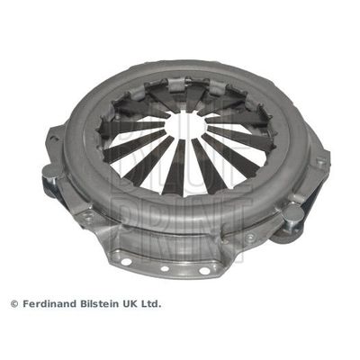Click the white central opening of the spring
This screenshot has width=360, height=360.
coord(185,125)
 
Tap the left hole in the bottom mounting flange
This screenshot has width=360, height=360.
coord(126,262)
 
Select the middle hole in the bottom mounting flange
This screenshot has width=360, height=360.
coord(165,268)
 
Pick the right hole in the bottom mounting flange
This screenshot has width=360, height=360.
coord(204,271)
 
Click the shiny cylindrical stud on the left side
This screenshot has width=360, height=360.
coord(51,178)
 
